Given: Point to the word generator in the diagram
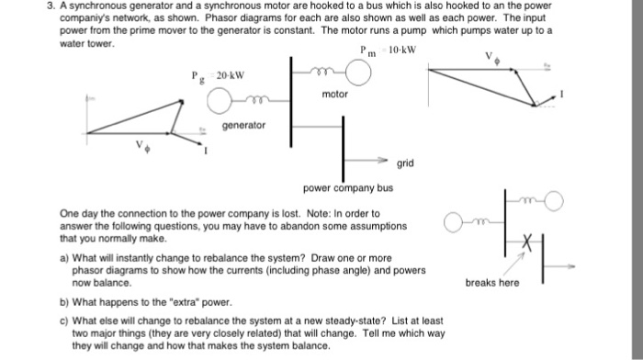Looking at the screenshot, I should point(243,124).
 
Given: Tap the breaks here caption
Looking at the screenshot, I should point(493,282).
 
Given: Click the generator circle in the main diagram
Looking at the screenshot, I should point(221,100).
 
